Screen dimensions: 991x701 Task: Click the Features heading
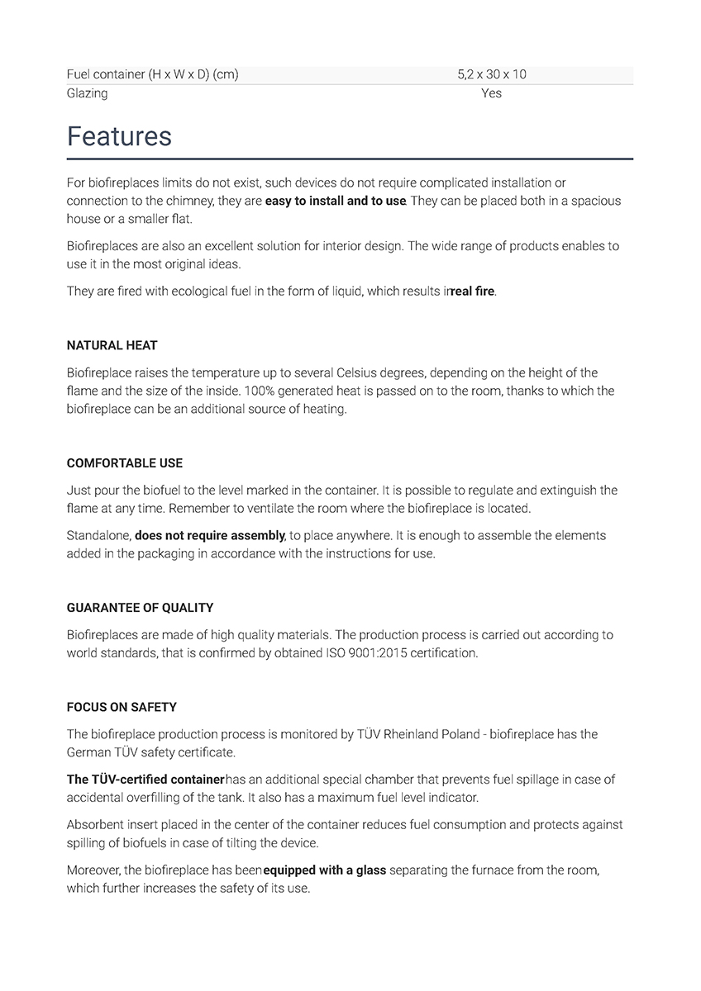[x=119, y=136]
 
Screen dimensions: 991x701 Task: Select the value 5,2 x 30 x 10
[x=491, y=74]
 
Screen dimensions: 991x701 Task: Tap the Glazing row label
[x=87, y=93]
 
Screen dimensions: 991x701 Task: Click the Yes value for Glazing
[x=491, y=93]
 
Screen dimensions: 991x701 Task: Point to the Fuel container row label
[x=152, y=74]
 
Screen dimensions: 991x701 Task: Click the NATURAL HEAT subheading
[x=112, y=345]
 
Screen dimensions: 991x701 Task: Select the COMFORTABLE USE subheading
[x=125, y=463]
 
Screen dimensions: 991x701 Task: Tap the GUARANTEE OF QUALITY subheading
[x=140, y=608]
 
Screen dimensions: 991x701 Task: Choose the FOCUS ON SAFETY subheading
[x=122, y=707]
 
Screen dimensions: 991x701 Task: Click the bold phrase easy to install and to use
[x=336, y=201]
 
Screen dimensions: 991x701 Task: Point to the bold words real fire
[x=473, y=292]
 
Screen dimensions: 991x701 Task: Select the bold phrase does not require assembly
[x=210, y=535]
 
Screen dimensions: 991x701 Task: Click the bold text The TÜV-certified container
[x=145, y=779]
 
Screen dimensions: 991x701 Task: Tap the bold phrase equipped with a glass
[x=325, y=870]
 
